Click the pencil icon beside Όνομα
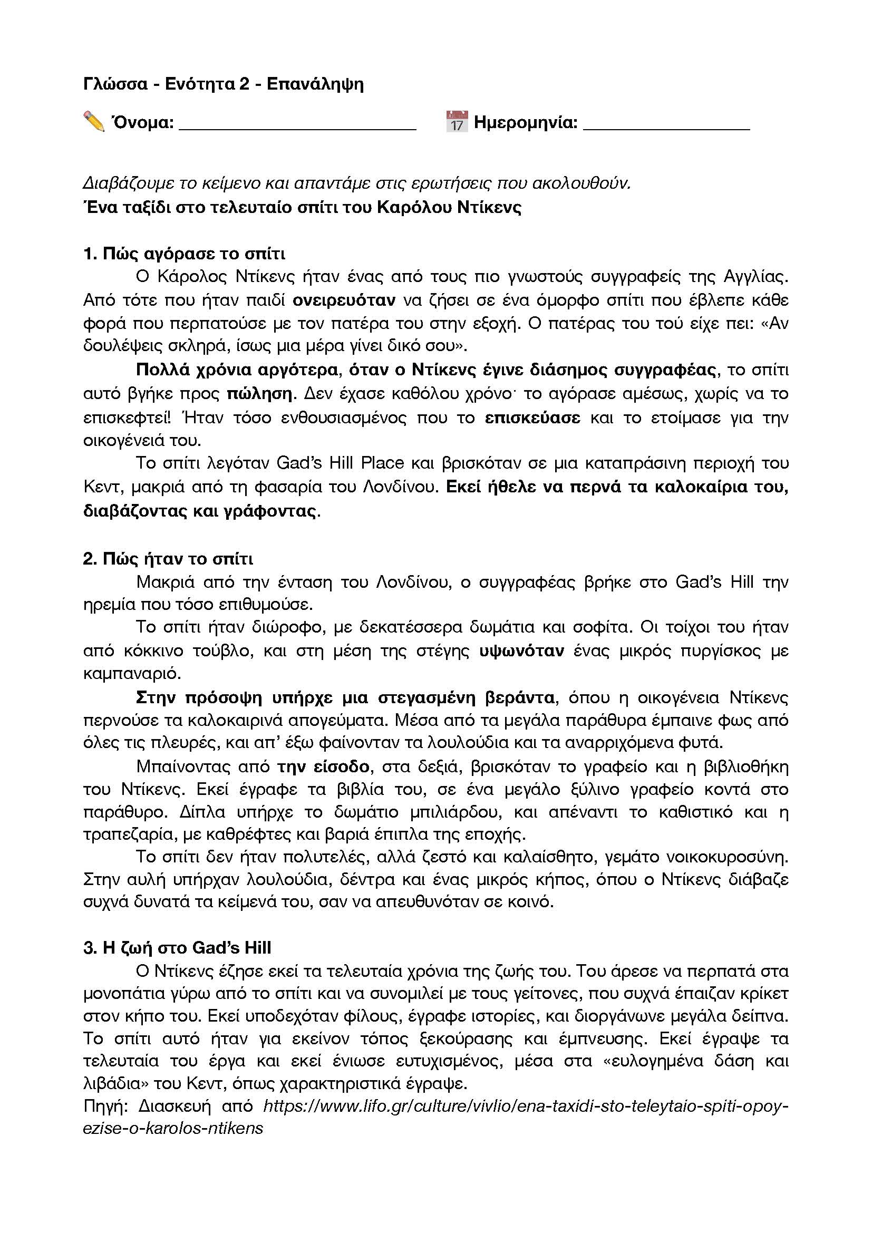(94, 121)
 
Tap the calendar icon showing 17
(457, 121)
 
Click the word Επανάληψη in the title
(315, 84)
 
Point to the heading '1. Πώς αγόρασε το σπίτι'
(184, 254)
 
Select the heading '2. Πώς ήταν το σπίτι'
(168, 559)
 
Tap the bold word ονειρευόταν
(344, 299)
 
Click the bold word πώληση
(259, 394)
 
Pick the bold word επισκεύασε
(532, 418)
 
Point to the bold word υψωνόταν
(521, 651)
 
